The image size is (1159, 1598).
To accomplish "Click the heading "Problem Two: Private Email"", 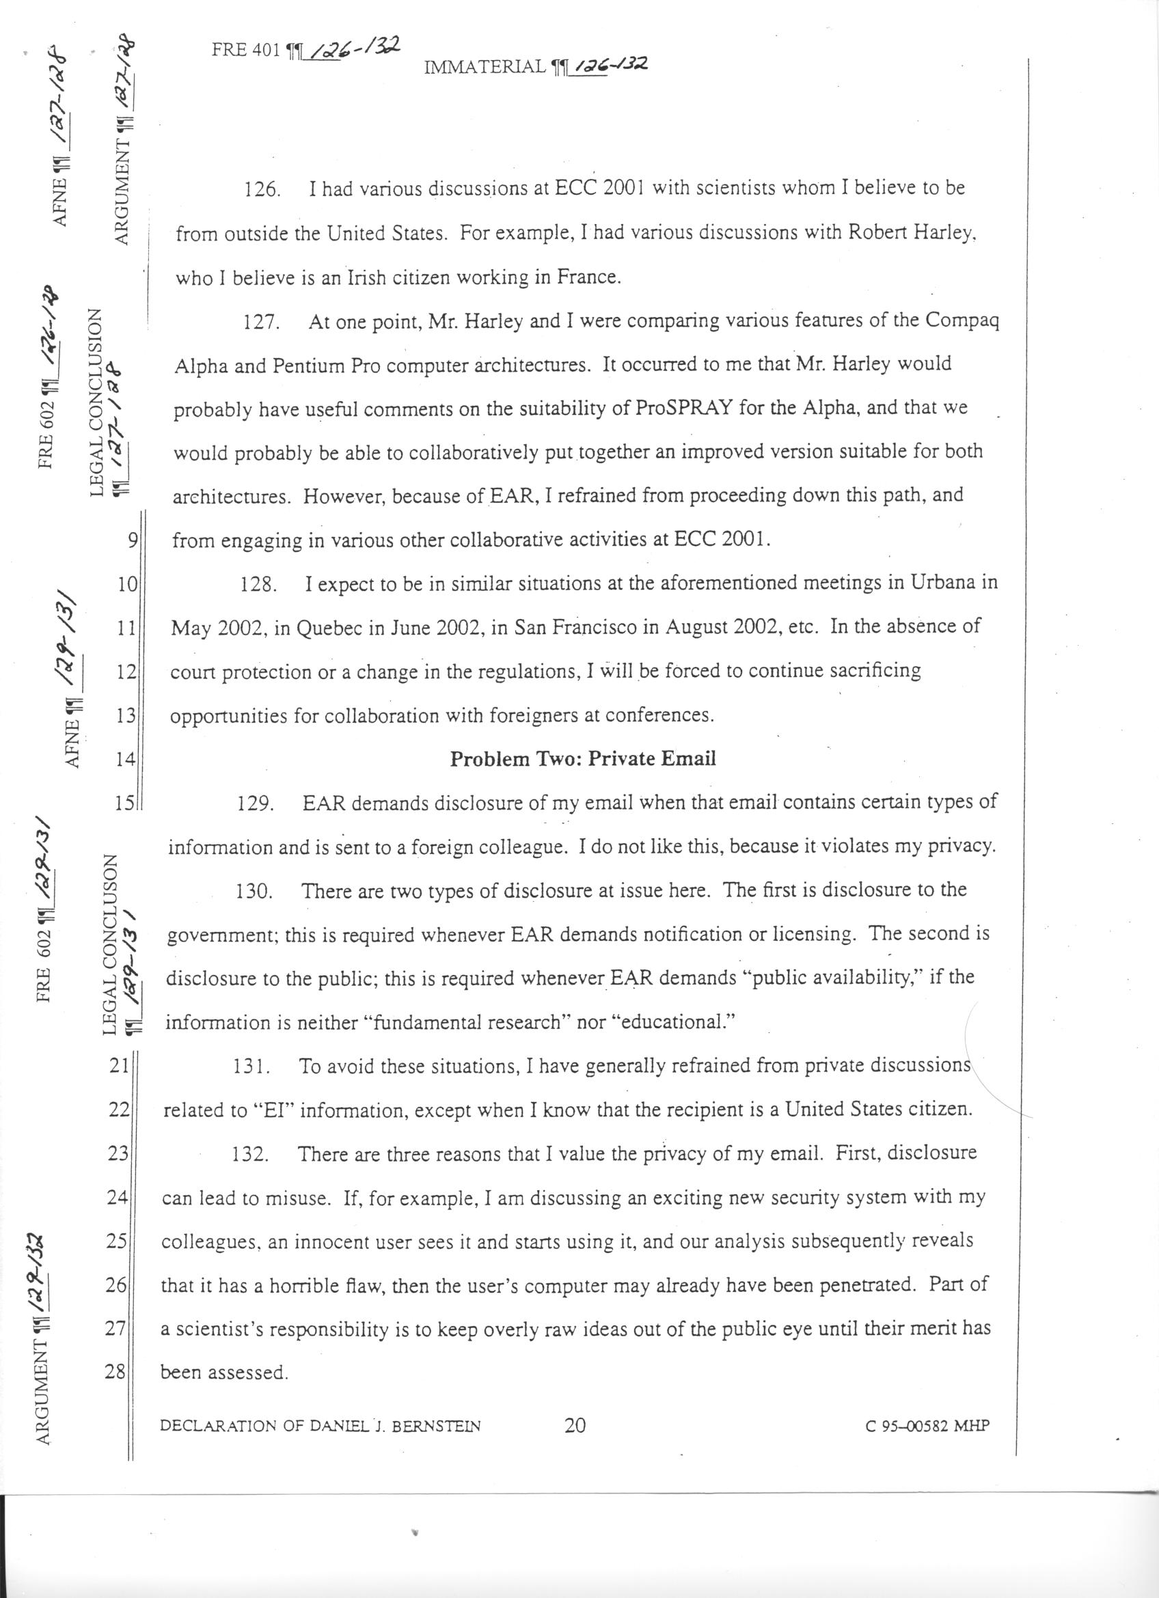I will tap(583, 759).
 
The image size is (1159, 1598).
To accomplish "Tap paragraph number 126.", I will tap(260, 190).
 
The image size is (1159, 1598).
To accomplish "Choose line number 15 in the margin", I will tap(124, 803).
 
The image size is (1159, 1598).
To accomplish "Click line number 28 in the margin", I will tap(115, 1372).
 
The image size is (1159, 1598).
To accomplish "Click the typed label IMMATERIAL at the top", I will tap(486, 67).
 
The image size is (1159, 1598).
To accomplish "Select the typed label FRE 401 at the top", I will tap(246, 51).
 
